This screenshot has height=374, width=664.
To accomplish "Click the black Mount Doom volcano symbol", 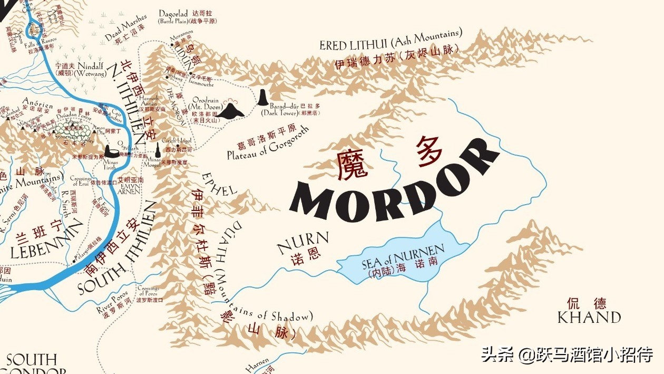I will click(x=231, y=110).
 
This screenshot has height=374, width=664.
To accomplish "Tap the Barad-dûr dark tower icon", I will click(x=262, y=98).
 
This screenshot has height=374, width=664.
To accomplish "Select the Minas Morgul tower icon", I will click(x=157, y=148).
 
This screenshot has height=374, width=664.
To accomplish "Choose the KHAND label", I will click(x=589, y=317).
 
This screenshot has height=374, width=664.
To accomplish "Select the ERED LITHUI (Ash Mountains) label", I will click(x=390, y=41).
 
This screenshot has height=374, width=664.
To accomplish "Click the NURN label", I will click(x=302, y=242).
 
